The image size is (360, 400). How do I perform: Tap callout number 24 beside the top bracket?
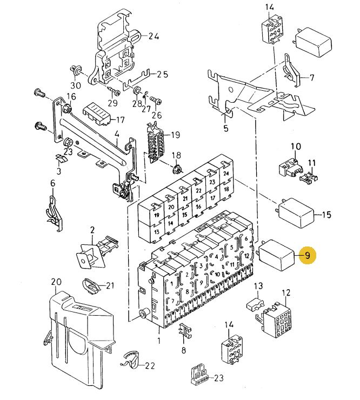coord(154,37)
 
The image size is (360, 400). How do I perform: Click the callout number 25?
coord(162,74)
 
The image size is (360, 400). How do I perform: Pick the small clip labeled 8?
coord(184,331)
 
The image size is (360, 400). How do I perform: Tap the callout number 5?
coord(226,129)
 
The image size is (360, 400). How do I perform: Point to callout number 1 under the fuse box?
coord(159,341)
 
